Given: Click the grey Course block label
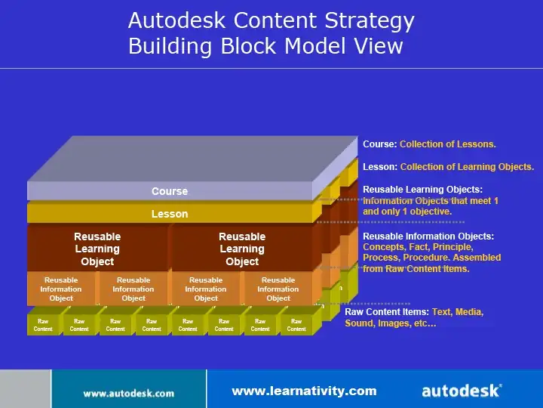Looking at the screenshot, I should coord(170,191).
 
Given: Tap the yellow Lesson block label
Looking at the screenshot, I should coord(170,214).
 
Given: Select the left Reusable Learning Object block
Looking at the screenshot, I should coord(97,249).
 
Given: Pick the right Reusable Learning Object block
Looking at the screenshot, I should coord(242,249).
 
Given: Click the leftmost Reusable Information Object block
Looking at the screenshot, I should coord(61,289).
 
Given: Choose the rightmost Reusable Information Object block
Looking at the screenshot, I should coord(278,289).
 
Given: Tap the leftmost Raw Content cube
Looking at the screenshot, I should coord(43,325).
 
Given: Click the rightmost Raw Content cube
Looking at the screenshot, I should coord(296,325).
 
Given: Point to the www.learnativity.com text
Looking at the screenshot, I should coord(304,391).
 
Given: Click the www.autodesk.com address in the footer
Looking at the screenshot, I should coord(128,393).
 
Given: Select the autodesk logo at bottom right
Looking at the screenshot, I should coord(461,391).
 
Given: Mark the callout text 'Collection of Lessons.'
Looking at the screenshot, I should coord(448,144).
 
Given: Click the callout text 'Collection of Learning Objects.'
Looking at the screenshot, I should coord(467,167).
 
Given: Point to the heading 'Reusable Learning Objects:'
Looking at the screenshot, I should coord(422,190).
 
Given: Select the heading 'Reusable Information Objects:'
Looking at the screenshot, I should coord(428,236).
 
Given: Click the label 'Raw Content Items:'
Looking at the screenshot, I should coord(386,311).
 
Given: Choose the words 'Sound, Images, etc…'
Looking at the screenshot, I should coord(391,323).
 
